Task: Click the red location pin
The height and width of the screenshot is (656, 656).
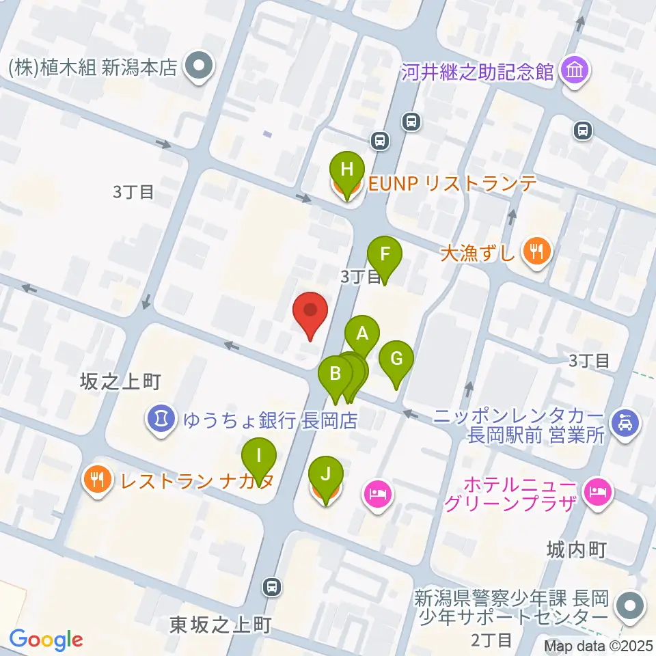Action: pyautogui.click(x=310, y=312)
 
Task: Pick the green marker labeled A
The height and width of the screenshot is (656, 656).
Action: pyautogui.click(x=362, y=335)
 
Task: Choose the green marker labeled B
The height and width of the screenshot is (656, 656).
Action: pyautogui.click(x=336, y=374)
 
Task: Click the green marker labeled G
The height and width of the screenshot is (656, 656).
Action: pyautogui.click(x=397, y=359)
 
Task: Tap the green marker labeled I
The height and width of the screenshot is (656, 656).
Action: pyautogui.click(x=259, y=456)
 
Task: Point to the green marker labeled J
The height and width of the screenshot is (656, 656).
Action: pyautogui.click(x=326, y=474)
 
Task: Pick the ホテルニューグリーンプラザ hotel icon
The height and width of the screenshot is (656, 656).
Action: pyautogui.click(x=597, y=491)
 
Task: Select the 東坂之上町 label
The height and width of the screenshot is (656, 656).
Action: pyautogui.click(x=212, y=624)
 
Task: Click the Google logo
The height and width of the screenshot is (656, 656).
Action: pyautogui.click(x=46, y=639)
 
